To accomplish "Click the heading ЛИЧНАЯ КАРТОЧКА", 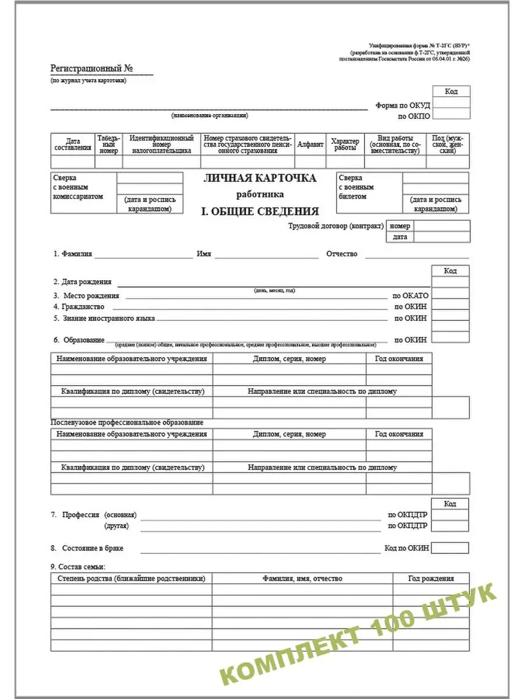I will (260, 178).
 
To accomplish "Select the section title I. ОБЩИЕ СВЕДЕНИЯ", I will (260, 211).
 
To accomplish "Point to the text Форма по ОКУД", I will (402, 105).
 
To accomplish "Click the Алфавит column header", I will (310, 144).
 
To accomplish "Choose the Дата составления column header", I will (73, 144).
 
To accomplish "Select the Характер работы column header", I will (345, 144).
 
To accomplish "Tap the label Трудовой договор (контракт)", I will (336, 226).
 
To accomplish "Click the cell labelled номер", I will (400, 226).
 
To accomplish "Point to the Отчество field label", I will (342, 255).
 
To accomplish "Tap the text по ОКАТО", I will (411, 295).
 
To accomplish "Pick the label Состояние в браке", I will (91, 548).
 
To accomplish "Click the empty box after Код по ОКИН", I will (450, 548).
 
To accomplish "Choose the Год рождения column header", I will (431, 578).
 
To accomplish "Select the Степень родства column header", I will (131, 578).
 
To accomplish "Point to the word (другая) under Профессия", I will (116, 526).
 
